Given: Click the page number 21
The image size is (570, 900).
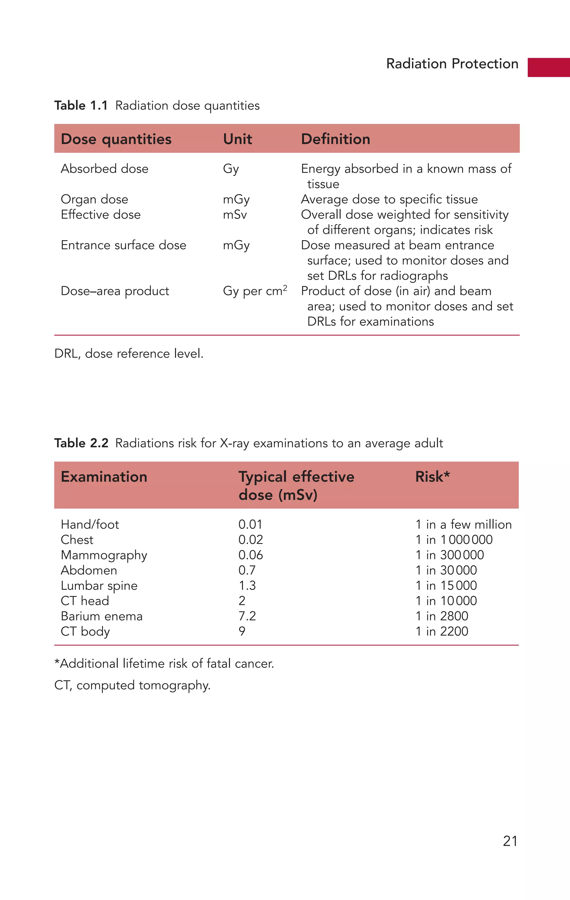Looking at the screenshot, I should pyautogui.click(x=510, y=841).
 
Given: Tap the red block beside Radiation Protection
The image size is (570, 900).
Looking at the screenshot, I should pyautogui.click(x=548, y=67).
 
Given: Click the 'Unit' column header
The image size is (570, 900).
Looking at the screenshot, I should pyautogui.click(x=237, y=139).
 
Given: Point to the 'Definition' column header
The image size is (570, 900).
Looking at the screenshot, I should pyautogui.click(x=335, y=139).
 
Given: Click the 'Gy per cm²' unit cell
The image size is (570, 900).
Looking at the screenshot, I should pyautogui.click(x=255, y=291).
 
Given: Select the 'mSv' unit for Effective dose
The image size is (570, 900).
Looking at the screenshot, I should pyautogui.click(x=235, y=215).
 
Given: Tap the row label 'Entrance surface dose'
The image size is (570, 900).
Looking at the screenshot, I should pyautogui.click(x=123, y=245).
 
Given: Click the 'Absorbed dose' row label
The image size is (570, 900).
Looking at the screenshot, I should pyautogui.click(x=104, y=169).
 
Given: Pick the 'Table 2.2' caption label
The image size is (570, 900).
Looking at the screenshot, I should pyautogui.click(x=81, y=443).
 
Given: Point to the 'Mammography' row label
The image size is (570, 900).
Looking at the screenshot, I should pyautogui.click(x=104, y=555).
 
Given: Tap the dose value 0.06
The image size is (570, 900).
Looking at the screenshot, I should pyautogui.click(x=250, y=555).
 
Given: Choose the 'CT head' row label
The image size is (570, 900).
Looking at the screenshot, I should pyautogui.click(x=85, y=601).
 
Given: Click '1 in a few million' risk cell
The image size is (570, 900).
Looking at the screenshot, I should pyautogui.click(x=463, y=524).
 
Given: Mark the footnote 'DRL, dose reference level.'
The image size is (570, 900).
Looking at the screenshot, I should pyautogui.click(x=129, y=354).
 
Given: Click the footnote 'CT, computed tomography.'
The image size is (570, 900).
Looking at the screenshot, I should pyautogui.click(x=132, y=685).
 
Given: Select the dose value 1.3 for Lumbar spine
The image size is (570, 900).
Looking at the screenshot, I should pyautogui.click(x=247, y=585).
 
